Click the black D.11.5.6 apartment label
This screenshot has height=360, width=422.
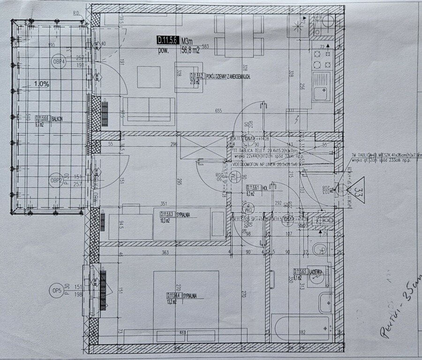pos(167,40)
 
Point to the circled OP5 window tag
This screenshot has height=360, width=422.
pos(58,291)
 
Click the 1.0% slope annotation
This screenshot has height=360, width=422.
pos(42,84)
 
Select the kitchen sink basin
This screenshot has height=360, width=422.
pos(322,92)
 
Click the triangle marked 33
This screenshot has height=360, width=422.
pos(360,191)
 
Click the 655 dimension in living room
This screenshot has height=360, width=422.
pos(218,111)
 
